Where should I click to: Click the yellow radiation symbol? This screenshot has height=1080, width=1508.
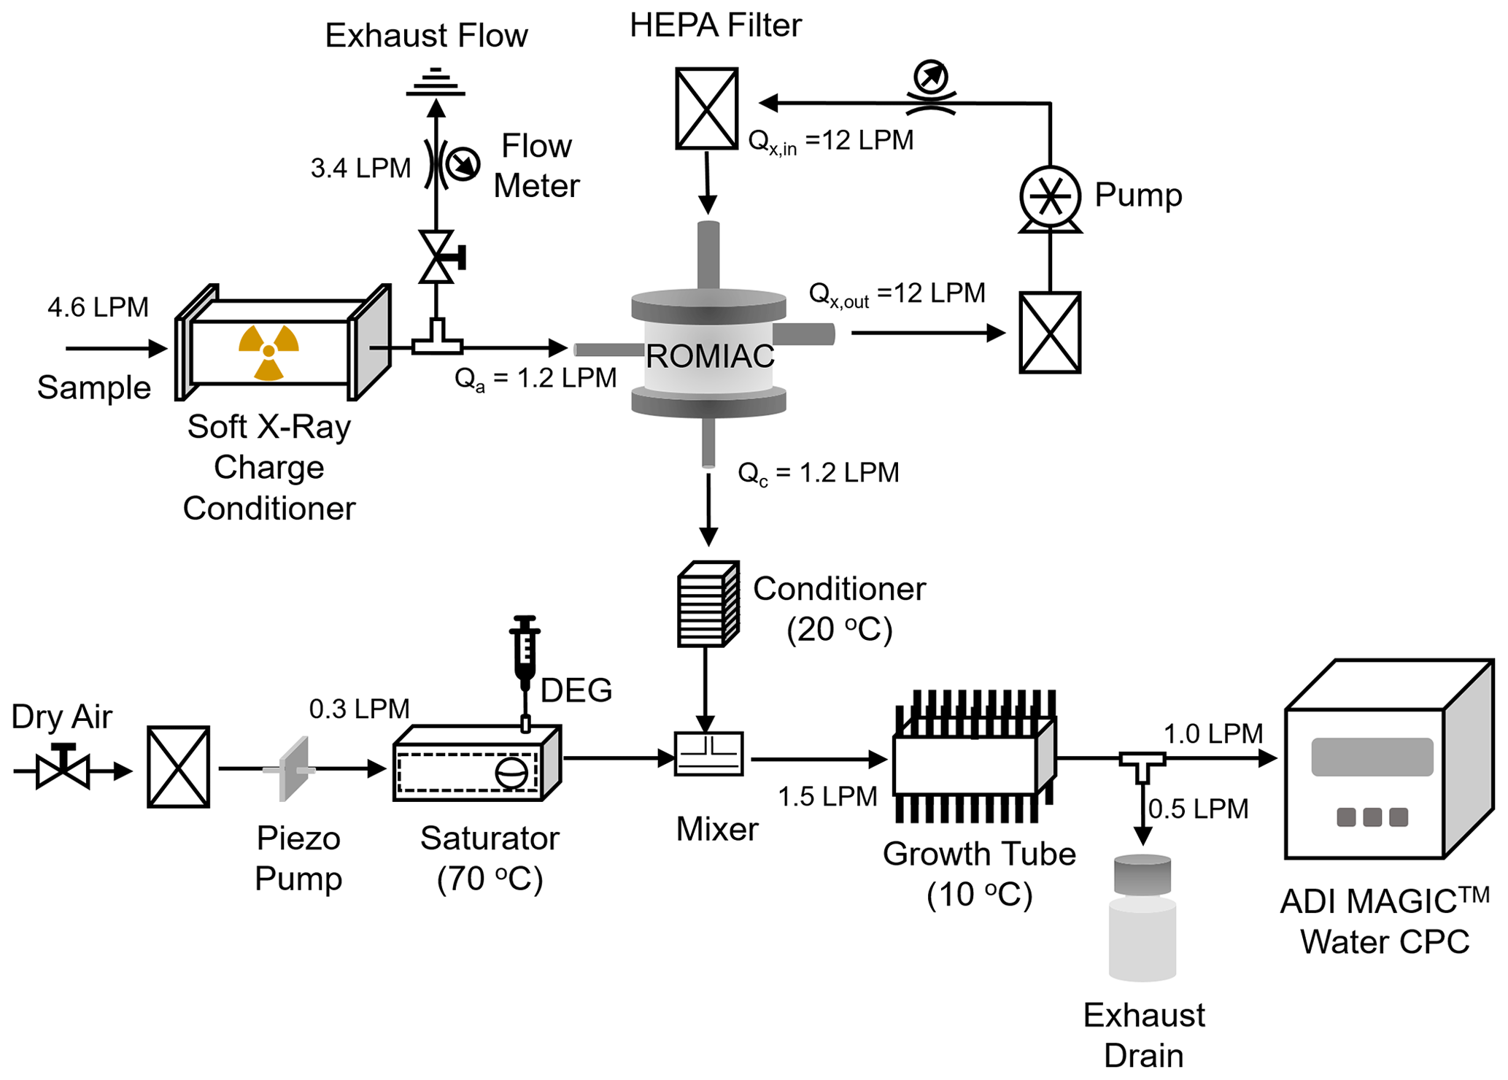(x=268, y=352)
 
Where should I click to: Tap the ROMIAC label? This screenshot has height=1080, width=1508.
(x=710, y=356)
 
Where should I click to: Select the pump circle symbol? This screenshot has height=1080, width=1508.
(x=1049, y=196)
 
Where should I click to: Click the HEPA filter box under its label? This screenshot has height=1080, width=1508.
(x=706, y=109)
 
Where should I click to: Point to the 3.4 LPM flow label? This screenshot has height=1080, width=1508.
(x=360, y=168)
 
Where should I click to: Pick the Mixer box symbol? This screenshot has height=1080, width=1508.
(x=708, y=754)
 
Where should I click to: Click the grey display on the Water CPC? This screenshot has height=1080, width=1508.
(x=1372, y=757)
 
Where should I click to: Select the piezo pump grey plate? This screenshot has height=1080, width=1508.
(x=295, y=768)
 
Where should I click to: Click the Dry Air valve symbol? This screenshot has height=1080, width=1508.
(x=63, y=768)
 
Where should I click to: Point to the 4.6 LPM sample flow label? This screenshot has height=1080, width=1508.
(x=98, y=307)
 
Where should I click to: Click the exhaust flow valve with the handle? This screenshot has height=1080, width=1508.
(x=438, y=257)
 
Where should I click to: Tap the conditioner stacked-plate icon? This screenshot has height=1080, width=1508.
(x=708, y=604)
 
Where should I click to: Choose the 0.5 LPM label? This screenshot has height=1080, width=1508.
(x=1198, y=809)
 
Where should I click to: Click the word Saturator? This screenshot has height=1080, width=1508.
(x=490, y=838)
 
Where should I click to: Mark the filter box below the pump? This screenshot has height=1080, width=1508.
(x=1049, y=333)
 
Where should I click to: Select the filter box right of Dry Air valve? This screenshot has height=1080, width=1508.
(x=179, y=767)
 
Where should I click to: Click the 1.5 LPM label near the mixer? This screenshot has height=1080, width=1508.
(x=827, y=796)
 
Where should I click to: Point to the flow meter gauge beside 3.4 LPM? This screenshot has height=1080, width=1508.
(x=463, y=163)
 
